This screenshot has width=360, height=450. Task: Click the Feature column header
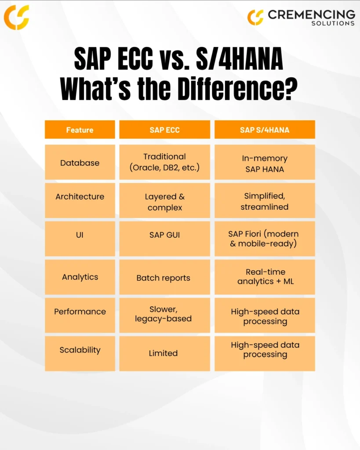click(80, 130)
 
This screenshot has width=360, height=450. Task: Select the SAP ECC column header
click(164, 130)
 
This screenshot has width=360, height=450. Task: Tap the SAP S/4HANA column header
click(265, 130)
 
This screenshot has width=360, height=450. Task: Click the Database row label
click(80, 163)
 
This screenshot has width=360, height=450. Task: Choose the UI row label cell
click(80, 239)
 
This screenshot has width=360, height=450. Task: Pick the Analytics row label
click(80, 277)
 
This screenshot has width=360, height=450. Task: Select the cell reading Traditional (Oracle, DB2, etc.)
click(164, 163)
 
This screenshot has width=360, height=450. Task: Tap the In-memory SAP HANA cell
click(265, 163)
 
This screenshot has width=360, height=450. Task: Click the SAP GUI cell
click(164, 239)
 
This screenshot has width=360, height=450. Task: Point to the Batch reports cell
click(164, 277)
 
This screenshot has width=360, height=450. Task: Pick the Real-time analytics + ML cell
click(265, 277)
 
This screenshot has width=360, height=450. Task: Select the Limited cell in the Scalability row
click(164, 354)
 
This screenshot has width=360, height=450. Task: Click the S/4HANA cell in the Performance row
click(265, 316)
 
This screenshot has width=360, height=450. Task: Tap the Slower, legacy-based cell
click(164, 316)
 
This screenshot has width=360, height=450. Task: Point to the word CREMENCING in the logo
click(312, 15)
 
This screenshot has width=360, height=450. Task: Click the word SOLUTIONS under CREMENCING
click(333, 23)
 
